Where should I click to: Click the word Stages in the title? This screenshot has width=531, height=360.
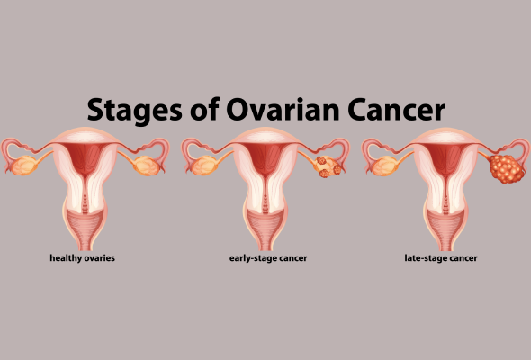(x=134, y=111)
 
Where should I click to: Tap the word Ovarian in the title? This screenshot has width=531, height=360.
(x=283, y=110)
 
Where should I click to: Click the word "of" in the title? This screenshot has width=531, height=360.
(x=204, y=108)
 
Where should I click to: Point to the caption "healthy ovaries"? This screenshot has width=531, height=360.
(x=82, y=258)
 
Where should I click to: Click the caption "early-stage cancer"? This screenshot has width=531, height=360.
(x=268, y=258)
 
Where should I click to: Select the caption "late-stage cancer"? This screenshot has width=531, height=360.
(x=441, y=258)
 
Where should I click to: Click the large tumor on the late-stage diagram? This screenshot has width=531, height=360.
(x=507, y=168)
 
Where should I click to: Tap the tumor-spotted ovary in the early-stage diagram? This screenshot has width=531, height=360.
(x=327, y=166)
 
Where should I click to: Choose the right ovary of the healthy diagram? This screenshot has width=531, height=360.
(x=147, y=166)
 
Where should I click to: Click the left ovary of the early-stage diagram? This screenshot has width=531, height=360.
(x=204, y=166)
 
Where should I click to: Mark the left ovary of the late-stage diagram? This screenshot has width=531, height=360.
(x=385, y=166)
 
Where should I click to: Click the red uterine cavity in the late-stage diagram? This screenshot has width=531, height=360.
(x=446, y=160)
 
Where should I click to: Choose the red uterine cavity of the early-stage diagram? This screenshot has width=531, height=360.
(x=265, y=160)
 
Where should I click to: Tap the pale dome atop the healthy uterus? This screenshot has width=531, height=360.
(x=85, y=136)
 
